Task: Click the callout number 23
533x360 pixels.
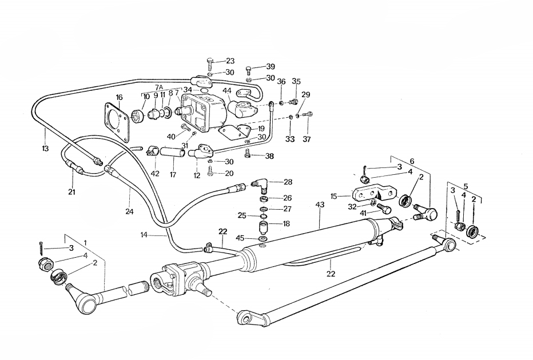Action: [230, 61]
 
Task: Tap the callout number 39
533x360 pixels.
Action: [271, 67]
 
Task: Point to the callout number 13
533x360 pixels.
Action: [46, 149]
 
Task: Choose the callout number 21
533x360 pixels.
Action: [71, 191]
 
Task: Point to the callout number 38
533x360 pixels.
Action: [269, 155]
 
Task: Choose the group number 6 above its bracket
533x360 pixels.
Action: [411, 162]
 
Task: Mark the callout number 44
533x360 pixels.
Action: [227, 91]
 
